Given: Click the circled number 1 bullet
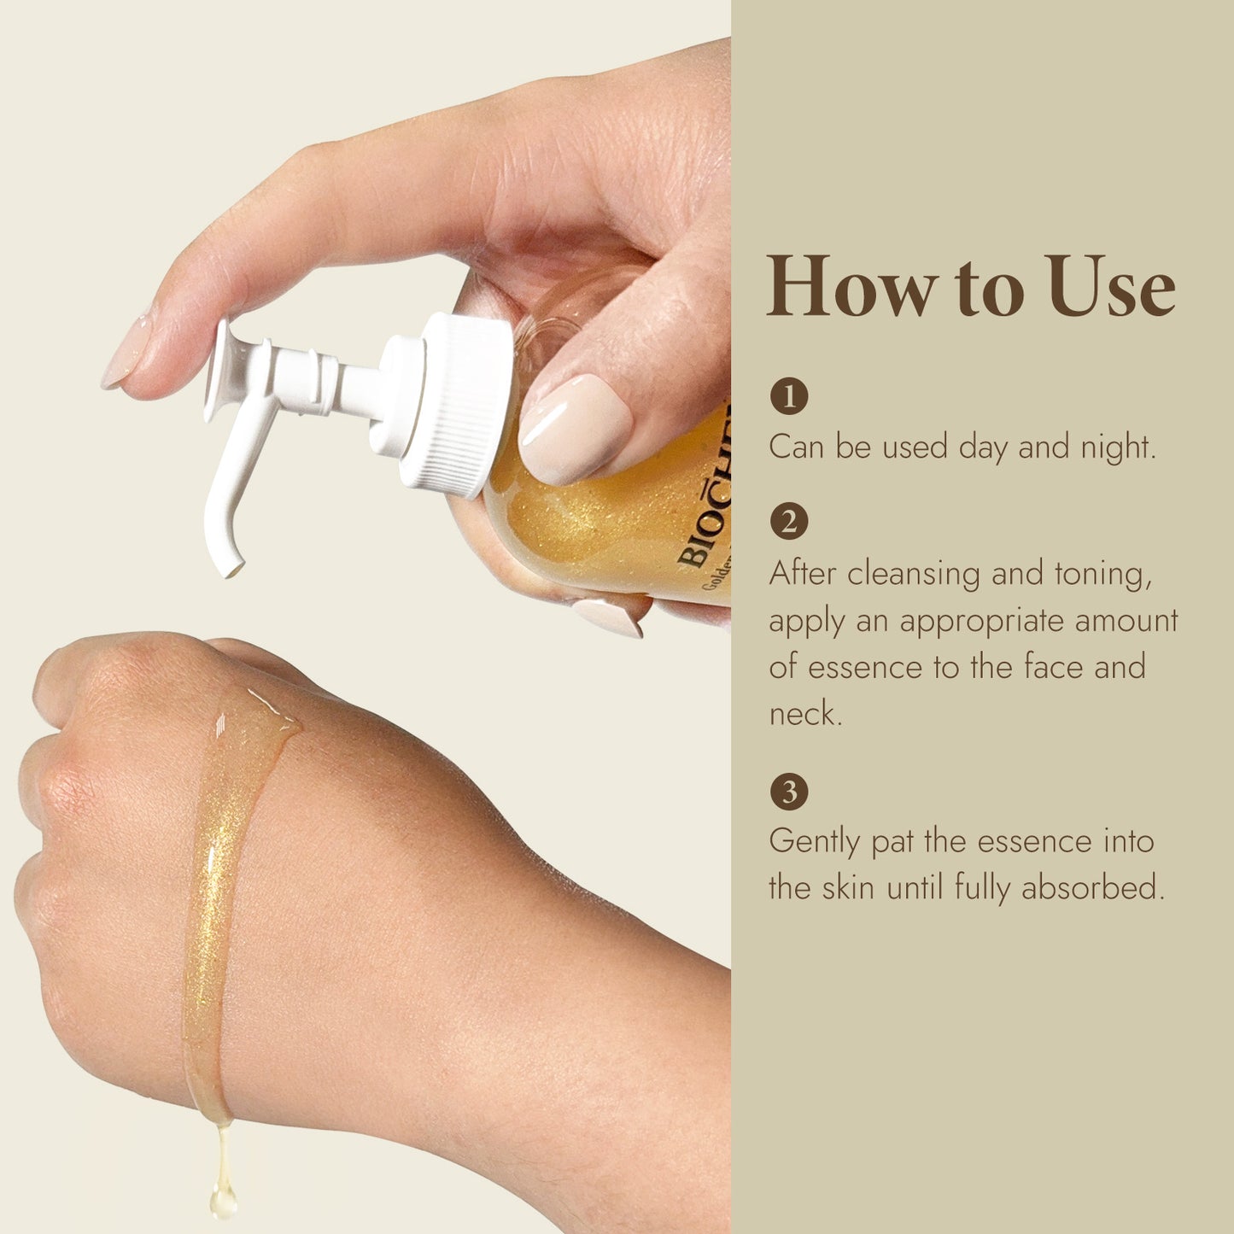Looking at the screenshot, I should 788,396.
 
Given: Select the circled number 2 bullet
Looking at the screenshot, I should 788,521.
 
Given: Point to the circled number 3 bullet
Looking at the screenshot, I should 788,792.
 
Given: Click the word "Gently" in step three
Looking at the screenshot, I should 815,842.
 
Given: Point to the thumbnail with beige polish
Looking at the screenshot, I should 575,427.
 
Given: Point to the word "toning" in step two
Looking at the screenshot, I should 1102,574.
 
